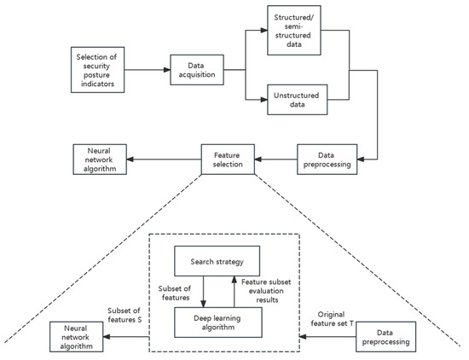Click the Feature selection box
coord(227,160)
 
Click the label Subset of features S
coord(125,316)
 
